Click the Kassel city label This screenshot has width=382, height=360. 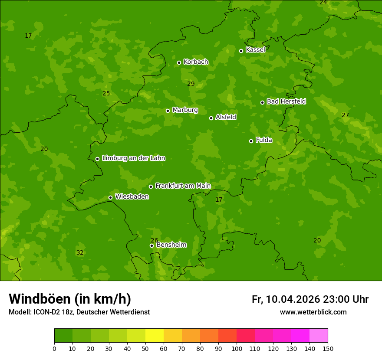tap(255, 50)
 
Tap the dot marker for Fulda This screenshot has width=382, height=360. tap(251, 141)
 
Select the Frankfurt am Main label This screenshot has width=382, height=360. tap(183, 186)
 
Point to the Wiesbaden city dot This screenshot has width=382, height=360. tap(110, 197)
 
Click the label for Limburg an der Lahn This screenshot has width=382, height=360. tap(133, 158)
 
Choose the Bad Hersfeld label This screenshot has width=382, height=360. tap(286, 101)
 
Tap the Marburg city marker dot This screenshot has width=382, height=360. tap(168, 111)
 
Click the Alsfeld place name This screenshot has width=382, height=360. tap(226, 117)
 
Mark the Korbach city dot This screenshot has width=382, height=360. tap(179, 62)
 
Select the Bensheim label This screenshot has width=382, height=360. tap(171, 245)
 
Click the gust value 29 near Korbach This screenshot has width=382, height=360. tap(191, 84)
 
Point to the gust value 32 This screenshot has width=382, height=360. tap(80, 252)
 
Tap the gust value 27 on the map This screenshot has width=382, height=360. tap(345, 115)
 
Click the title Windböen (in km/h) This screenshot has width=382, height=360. tap(70, 299)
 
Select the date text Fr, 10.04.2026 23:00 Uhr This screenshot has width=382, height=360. tap(310, 299)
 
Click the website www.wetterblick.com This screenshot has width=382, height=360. tap(313, 312)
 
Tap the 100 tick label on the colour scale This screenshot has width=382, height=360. tap(237, 348)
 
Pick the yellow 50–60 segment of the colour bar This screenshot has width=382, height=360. tap(155, 336)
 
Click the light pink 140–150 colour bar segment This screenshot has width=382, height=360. tap(319, 336)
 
